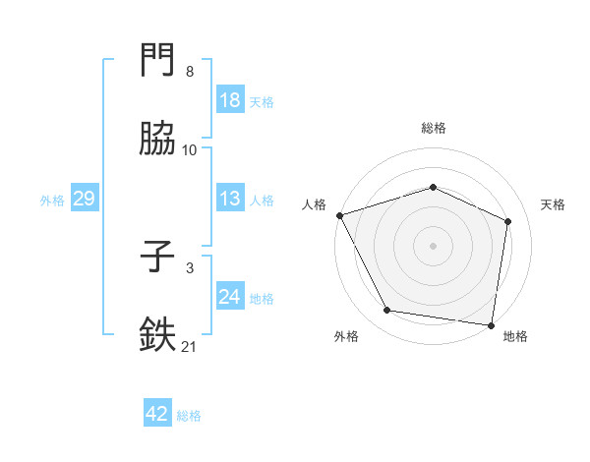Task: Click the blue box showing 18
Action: pos(229,100)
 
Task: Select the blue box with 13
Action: pos(229,200)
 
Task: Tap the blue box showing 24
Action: pos(229,297)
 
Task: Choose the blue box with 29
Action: pos(84,200)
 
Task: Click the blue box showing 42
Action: pos(157,414)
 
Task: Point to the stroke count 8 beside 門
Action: pos(190,72)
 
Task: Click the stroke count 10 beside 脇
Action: pos(190,149)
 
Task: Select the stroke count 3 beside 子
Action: pos(190,267)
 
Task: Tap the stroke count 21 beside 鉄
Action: pos(190,345)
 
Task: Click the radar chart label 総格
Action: pos(434,128)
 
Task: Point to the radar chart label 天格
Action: pos(553,204)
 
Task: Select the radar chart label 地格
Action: pos(515,336)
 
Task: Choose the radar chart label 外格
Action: pos(346,336)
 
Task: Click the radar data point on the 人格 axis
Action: pos(339,215)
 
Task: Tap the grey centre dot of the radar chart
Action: pos(433,245)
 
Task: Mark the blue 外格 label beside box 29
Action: pos(52,201)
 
